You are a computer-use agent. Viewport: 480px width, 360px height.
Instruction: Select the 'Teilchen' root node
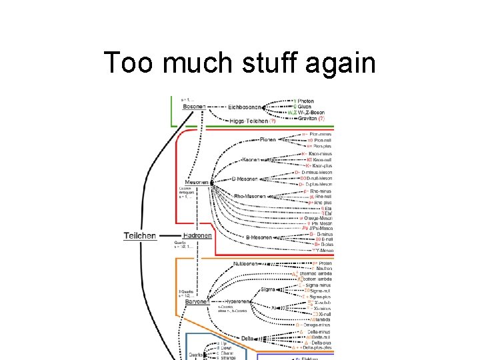pos(140,235)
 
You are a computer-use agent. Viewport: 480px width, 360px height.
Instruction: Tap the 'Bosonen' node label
pos(193,107)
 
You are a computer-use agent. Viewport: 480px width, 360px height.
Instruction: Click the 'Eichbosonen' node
pos(245,107)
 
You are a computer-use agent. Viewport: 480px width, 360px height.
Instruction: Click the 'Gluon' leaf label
pos(305,107)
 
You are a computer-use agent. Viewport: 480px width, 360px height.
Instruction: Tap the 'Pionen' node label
pos(269,140)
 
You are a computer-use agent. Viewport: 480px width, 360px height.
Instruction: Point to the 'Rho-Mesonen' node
pos(249,197)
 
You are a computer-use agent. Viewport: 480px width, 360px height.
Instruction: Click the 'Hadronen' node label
pos(198,235)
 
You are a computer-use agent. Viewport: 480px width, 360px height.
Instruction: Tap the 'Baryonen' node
pos(197,301)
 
